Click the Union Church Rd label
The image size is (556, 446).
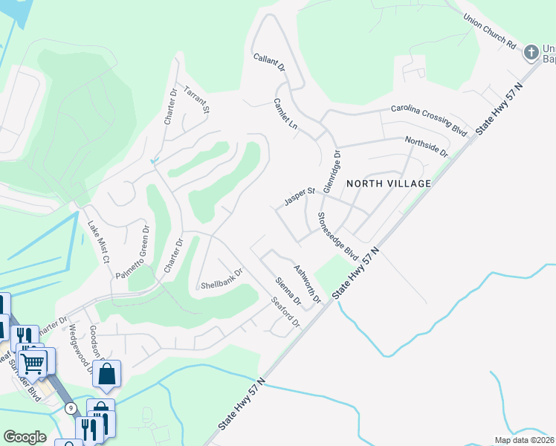[x=489, y=31]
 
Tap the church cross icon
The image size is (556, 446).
[x=531, y=53]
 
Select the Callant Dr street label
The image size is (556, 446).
[x=269, y=62]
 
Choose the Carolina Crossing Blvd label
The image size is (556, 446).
[x=430, y=120]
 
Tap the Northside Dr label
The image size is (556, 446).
[x=427, y=146]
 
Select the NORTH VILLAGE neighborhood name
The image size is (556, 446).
[x=388, y=183]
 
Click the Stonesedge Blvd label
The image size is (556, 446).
[x=338, y=236]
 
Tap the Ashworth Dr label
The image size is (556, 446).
[x=306, y=284]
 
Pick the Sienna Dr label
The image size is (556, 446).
[x=287, y=292]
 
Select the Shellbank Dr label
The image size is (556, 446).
[x=222, y=278]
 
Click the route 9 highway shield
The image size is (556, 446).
[x=71, y=408]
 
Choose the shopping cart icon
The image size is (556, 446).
[x=33, y=364]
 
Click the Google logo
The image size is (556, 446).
[x=25, y=437]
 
